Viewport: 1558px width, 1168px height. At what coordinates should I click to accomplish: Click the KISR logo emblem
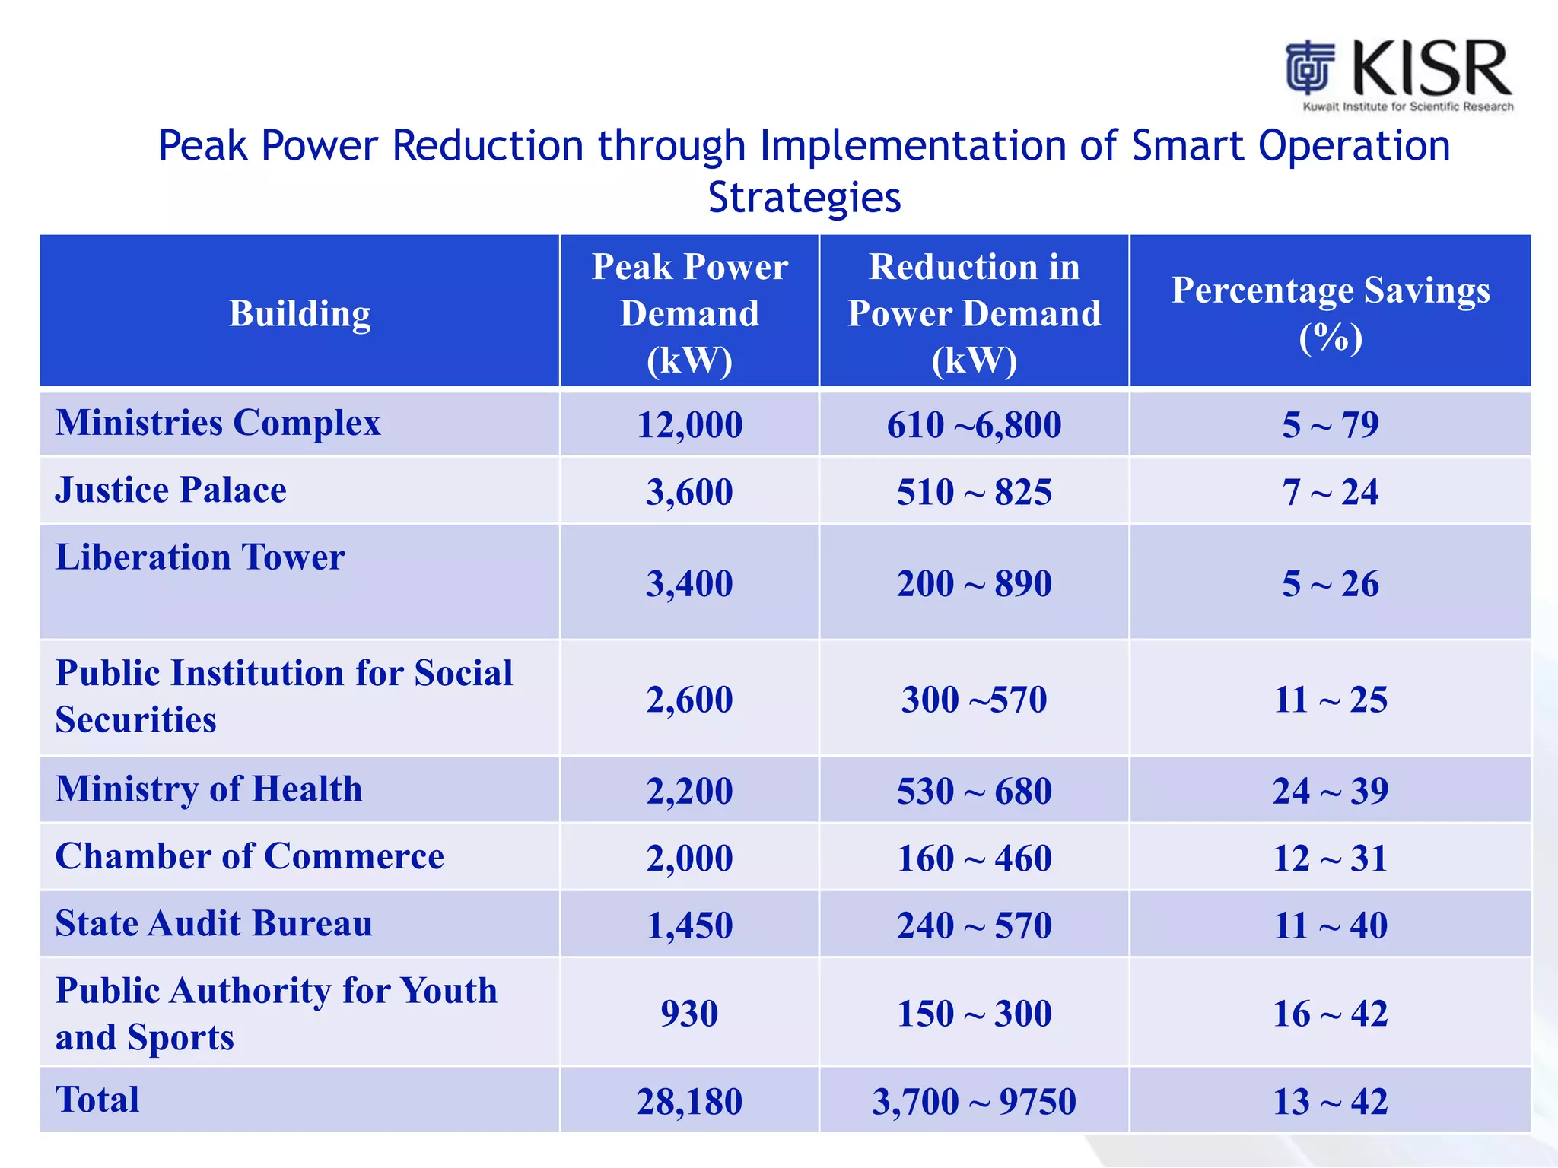click(x=1310, y=68)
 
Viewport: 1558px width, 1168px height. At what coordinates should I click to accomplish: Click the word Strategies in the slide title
click(x=804, y=198)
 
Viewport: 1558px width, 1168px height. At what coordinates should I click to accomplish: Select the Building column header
click(x=300, y=313)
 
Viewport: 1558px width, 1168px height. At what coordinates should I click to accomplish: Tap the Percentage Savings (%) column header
click(x=1331, y=313)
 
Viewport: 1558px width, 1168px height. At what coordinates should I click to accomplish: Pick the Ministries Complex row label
click(x=218, y=423)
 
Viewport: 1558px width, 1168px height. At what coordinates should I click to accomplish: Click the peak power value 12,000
click(x=689, y=425)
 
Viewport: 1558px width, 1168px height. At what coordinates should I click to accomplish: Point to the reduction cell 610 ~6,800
click(x=974, y=425)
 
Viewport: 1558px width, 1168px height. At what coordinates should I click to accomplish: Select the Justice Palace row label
click(x=171, y=490)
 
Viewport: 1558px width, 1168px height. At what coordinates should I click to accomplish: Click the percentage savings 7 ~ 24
click(x=1331, y=492)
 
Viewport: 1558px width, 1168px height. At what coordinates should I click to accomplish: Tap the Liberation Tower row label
click(x=200, y=557)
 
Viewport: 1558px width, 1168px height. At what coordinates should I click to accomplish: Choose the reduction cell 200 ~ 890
click(x=974, y=584)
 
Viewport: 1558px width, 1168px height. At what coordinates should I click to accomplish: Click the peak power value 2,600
click(x=689, y=700)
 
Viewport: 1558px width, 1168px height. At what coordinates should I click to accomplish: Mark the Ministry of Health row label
click(x=209, y=789)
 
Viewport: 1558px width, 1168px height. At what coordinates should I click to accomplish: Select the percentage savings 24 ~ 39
click(x=1331, y=791)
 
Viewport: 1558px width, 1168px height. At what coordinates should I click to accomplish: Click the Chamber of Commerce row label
click(x=250, y=856)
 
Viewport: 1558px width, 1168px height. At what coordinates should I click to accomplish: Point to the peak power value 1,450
click(x=689, y=925)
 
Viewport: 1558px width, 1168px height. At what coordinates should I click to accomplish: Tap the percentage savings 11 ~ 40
click(x=1331, y=925)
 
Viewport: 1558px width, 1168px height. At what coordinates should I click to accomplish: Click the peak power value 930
click(x=689, y=1014)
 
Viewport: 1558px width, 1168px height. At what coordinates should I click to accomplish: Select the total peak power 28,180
click(x=689, y=1102)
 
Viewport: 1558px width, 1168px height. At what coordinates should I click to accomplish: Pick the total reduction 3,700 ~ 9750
click(x=974, y=1102)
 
